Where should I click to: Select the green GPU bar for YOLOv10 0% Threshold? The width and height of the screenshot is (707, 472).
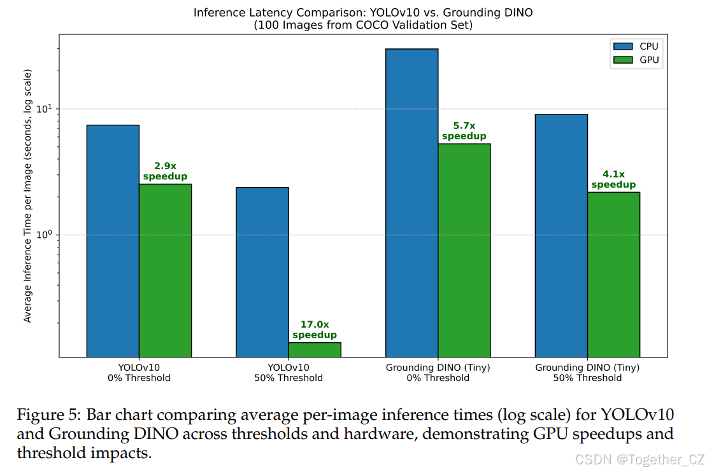[165, 270]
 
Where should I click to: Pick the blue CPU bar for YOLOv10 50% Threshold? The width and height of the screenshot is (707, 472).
[262, 272]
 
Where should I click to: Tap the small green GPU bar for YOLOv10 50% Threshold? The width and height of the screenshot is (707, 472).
[315, 350]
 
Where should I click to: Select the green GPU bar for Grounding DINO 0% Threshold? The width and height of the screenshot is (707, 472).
[464, 250]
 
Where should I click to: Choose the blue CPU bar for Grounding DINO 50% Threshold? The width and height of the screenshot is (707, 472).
[561, 235]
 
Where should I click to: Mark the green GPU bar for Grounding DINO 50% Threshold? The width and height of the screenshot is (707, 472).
[613, 274]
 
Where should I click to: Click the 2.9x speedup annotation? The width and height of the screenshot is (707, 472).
[165, 171]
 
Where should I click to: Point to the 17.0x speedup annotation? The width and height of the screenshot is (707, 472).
[315, 330]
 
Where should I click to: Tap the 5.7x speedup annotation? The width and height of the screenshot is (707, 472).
[464, 131]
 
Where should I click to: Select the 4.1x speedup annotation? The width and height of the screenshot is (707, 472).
[613, 179]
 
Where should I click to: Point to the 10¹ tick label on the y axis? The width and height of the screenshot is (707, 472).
[43, 108]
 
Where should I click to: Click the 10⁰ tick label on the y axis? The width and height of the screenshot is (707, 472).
[43, 234]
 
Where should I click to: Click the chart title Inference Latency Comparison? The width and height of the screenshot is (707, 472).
[362, 12]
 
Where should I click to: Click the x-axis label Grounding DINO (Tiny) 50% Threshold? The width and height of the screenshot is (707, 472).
[587, 373]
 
